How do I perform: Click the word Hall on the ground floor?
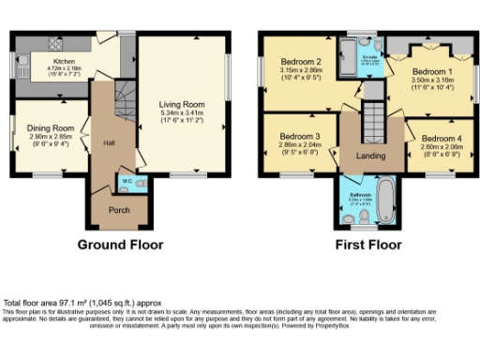click(x=109, y=143)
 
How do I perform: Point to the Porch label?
click(x=120, y=209)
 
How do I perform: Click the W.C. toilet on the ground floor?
click(x=139, y=186)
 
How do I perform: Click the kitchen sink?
click(x=22, y=61)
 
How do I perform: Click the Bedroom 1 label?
click(x=432, y=71)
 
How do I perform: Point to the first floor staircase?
click(x=375, y=119)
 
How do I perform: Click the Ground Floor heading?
click(x=120, y=246)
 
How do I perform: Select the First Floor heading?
click(x=368, y=246)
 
